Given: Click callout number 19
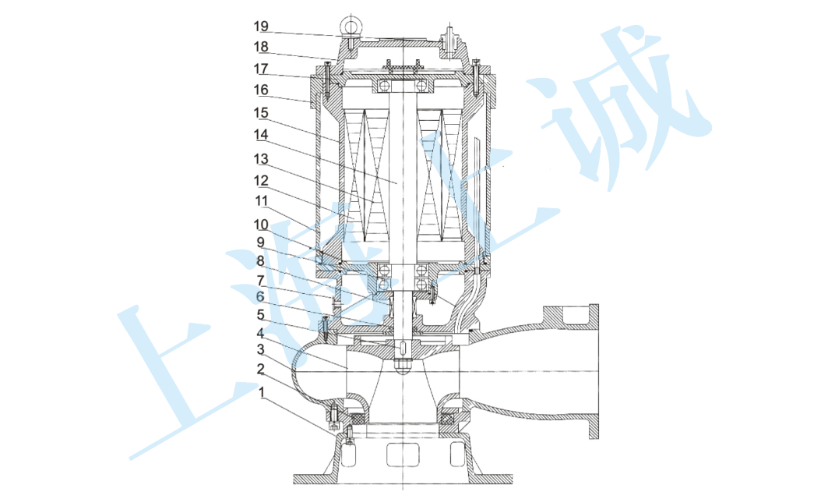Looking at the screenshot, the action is click(x=261, y=26).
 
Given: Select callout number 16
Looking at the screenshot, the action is click(x=261, y=90).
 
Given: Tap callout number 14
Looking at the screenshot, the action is click(x=261, y=135).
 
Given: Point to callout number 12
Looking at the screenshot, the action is click(x=261, y=181).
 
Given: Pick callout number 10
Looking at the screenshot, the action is click(x=261, y=225).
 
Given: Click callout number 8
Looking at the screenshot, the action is click(x=260, y=261).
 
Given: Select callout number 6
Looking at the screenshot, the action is click(x=260, y=297).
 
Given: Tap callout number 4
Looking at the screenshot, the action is click(x=260, y=334).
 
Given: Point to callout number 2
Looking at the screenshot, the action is click(x=260, y=369).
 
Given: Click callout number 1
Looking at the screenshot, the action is click(x=262, y=392).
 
